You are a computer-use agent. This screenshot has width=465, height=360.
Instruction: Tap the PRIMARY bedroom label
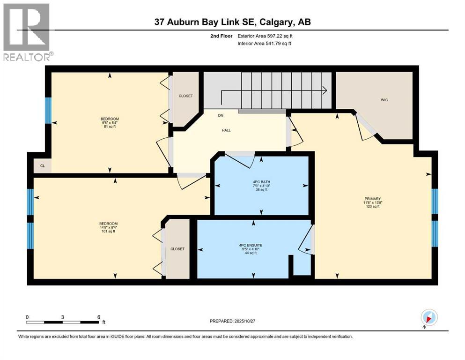(x=372, y=198)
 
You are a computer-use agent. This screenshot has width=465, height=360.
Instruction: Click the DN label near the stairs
(x=220, y=115)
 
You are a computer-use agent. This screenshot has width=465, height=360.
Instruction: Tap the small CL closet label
(x=42, y=166)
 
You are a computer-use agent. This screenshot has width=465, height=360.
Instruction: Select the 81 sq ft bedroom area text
(x=109, y=127)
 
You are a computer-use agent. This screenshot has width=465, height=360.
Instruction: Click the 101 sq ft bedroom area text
(x=108, y=231)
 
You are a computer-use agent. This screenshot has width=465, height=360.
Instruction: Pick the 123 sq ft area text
(x=372, y=206)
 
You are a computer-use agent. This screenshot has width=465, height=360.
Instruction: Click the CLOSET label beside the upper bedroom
(x=185, y=96)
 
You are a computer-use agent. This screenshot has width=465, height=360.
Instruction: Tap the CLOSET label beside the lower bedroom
(x=177, y=249)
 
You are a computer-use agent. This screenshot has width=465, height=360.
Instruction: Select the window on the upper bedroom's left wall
(x=48, y=111)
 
